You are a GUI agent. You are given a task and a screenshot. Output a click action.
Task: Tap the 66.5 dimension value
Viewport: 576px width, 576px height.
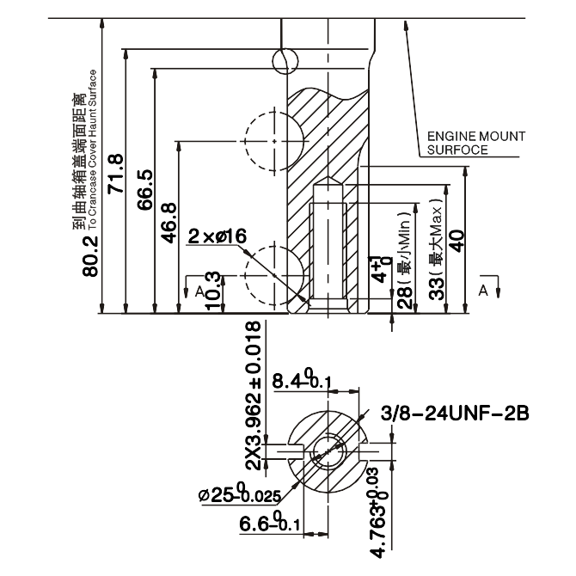pyautogui.click(x=143, y=189)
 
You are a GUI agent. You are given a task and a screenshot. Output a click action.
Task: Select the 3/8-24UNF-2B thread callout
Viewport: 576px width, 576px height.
pyautogui.click(x=455, y=415)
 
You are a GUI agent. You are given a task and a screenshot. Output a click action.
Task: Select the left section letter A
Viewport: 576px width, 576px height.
pyautogui.click(x=199, y=292)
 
